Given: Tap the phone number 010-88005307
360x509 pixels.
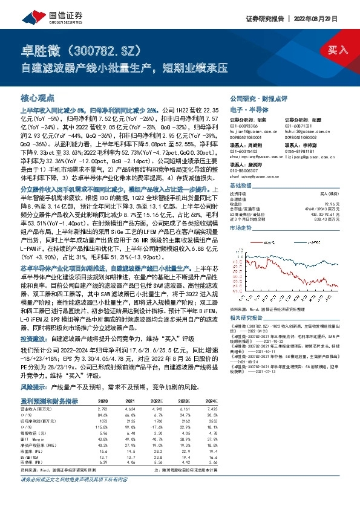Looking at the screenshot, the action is click(x=245, y=170).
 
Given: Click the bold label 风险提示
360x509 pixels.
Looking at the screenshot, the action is click(x=34, y=384).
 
